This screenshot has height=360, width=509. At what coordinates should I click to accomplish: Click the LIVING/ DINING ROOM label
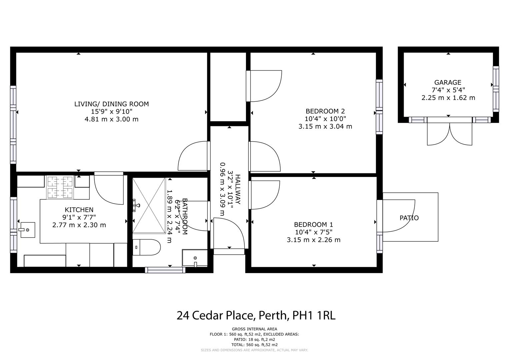pyautogui.click(x=111, y=104)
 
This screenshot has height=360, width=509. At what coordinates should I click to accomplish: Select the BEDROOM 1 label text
pyautogui.click(x=313, y=225)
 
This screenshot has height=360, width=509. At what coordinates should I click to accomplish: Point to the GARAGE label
pyautogui.click(x=448, y=82)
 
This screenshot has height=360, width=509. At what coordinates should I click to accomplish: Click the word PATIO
pyautogui.click(x=409, y=218)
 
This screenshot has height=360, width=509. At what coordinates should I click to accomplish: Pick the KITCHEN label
pyautogui.click(x=79, y=210)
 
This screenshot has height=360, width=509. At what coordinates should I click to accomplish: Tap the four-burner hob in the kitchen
pyautogui.click(x=60, y=187)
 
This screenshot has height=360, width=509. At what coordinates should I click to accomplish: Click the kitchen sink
pyautogui.click(x=27, y=230)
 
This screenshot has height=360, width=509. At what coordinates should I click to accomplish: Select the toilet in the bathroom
pyautogui.click(x=147, y=247)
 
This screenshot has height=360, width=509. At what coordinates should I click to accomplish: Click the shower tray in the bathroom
pyautogui.click(x=149, y=206)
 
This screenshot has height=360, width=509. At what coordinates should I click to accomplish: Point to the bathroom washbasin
pyautogui.click(x=195, y=258)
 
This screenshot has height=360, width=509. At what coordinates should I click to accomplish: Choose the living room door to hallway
pyautogui.click(x=194, y=156)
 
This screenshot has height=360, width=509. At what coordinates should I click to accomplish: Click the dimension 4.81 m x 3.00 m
pyautogui.click(x=111, y=119)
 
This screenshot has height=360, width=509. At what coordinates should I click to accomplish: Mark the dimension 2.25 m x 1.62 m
pyautogui.click(x=448, y=98)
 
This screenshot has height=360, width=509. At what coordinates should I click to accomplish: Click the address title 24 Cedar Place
pyautogui.click(x=256, y=315)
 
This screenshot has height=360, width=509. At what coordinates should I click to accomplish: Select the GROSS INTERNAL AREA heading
pyautogui.click(x=254, y=329)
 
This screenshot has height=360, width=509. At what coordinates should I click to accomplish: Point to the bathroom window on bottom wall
pyautogui.click(x=165, y=270)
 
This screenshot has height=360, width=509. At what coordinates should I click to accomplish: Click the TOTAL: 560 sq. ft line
pyautogui.click(x=254, y=345)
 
